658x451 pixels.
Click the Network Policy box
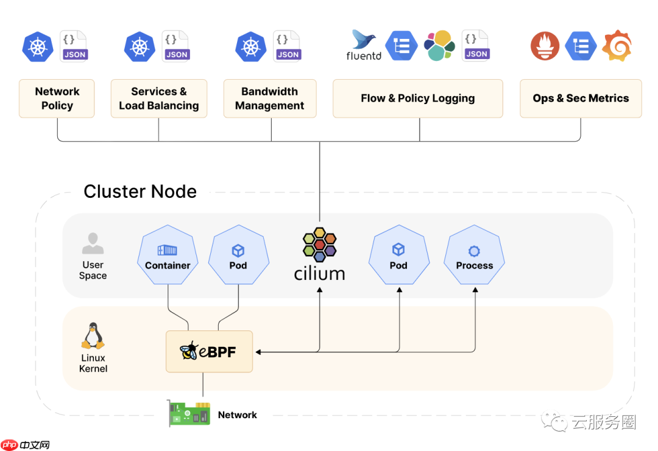(57, 98)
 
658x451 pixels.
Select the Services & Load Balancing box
(158, 98)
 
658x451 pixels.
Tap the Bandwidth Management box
(269, 98)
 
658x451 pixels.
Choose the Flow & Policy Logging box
(417, 98)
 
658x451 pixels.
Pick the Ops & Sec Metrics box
(580, 98)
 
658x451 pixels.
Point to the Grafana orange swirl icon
(617, 45)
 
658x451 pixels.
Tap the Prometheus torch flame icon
(545, 46)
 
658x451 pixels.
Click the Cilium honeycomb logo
(319, 245)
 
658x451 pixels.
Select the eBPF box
(209, 351)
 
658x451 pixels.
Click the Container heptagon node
(168, 256)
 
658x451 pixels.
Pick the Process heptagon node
(475, 256)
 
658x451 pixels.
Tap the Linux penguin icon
(93, 337)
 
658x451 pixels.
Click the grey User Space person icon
(93, 243)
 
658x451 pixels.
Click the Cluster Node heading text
(140, 192)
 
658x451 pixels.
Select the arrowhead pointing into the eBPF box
(258, 352)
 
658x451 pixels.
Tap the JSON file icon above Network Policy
(74, 46)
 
